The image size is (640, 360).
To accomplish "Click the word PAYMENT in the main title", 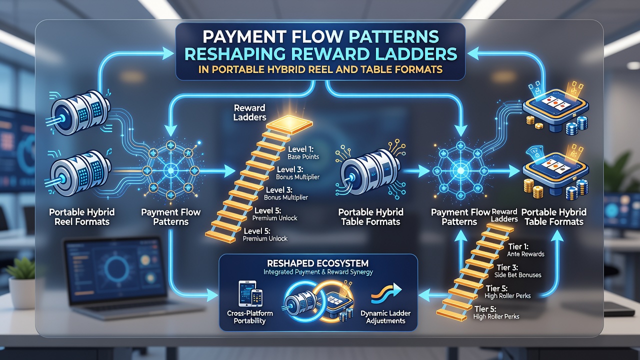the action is click(x=243, y=36).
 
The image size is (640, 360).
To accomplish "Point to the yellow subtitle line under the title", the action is click(x=320, y=69).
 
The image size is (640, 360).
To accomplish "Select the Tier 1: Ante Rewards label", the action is click(x=525, y=250).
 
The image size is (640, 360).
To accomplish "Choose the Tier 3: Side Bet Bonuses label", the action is click(x=517, y=271).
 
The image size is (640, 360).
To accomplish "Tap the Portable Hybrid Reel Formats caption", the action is click(x=82, y=217).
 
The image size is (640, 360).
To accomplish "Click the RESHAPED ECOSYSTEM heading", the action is click(x=317, y=263).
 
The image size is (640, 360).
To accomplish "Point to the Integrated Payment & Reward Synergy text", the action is click(x=318, y=272).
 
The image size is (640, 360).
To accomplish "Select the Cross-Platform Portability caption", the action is click(x=249, y=317).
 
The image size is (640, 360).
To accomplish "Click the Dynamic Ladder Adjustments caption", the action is click(x=385, y=317).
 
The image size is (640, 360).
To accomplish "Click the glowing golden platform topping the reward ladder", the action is click(x=289, y=124).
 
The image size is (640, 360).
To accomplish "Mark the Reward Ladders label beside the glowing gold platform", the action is click(x=249, y=112).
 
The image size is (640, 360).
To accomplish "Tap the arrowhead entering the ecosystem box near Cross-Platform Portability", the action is click(x=212, y=295).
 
